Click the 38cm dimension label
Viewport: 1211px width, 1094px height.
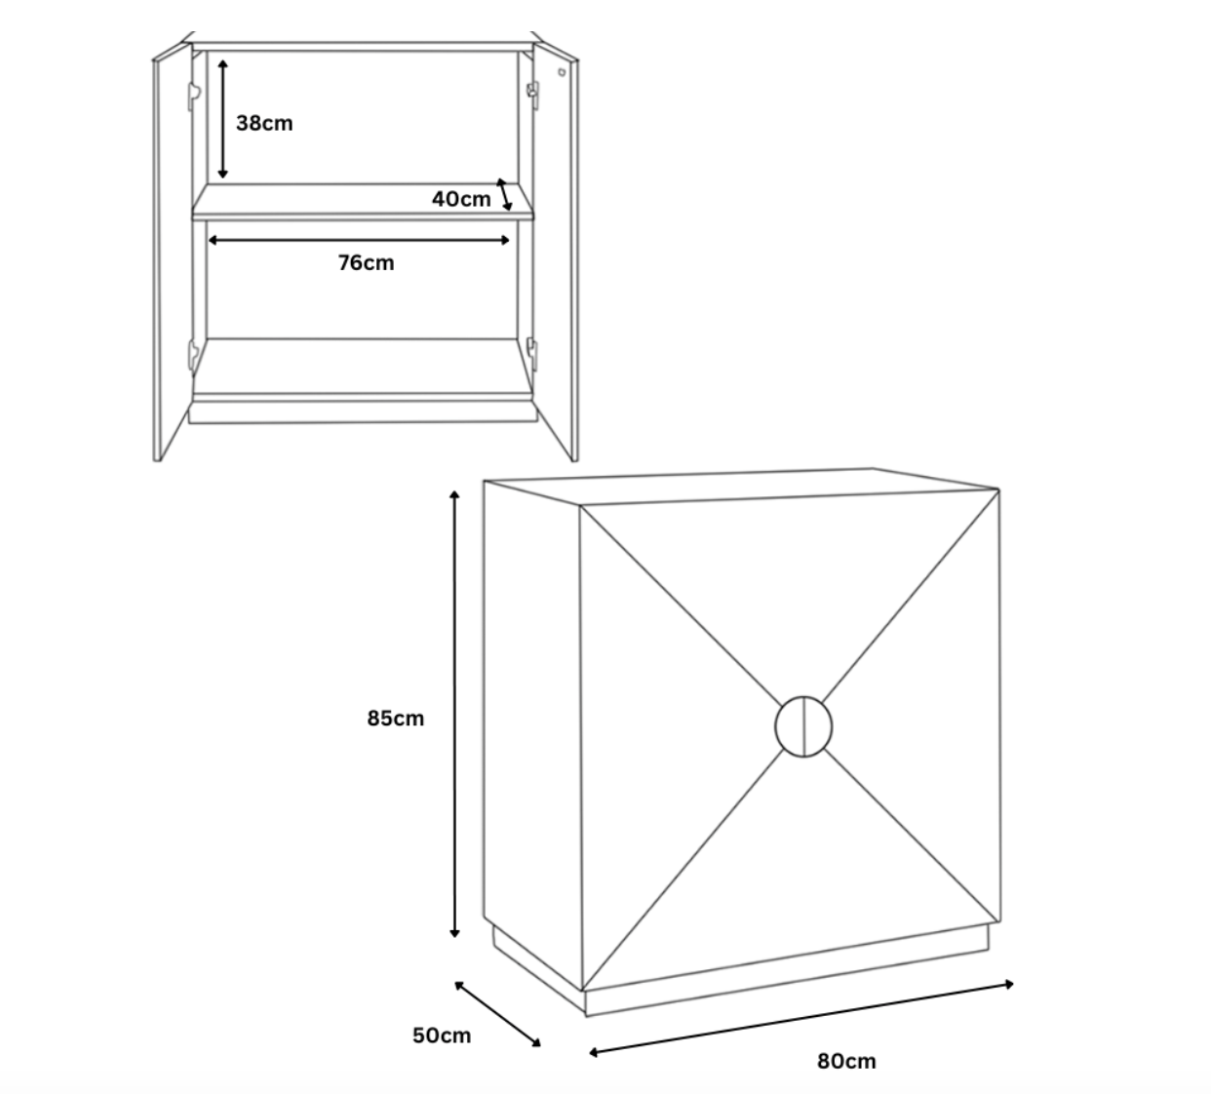[263, 124]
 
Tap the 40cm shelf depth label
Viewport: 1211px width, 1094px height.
[461, 199]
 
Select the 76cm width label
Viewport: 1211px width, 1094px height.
[366, 263]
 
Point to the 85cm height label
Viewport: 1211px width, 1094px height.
[395, 719]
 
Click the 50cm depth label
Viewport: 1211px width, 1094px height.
[441, 1035]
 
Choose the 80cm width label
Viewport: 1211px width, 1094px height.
[846, 1061]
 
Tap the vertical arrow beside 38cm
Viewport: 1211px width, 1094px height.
[223, 117]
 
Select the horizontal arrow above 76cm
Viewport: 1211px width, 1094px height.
[359, 240]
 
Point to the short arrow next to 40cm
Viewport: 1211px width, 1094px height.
[504, 194]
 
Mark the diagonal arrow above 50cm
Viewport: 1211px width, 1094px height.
[497, 1014]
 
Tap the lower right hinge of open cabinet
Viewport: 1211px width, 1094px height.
[532, 348]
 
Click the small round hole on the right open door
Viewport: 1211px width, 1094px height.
[562, 72]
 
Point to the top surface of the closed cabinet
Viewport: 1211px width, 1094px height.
[741, 488]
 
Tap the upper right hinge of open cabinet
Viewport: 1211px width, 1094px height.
[532, 93]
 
